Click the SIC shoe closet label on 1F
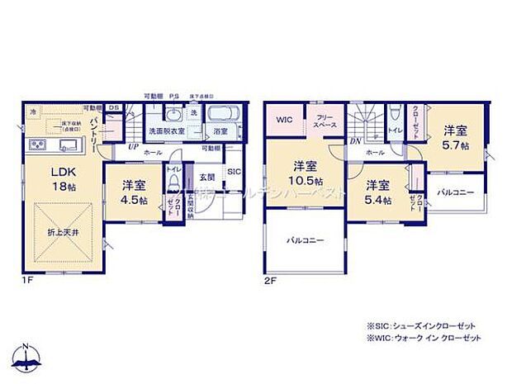(233, 172)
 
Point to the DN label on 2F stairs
(356, 143)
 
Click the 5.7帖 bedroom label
(454, 137)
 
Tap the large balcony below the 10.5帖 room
(304, 241)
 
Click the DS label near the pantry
(114, 108)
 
